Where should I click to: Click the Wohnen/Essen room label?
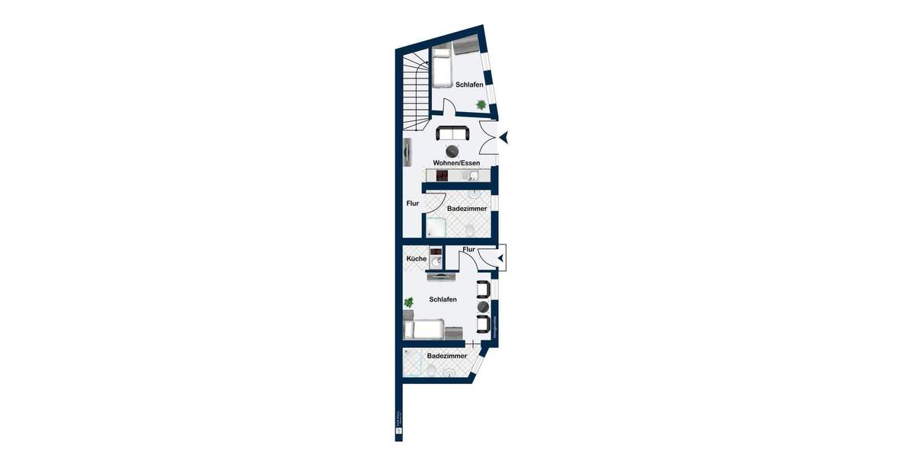[x=456, y=163]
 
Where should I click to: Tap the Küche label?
[x=416, y=259]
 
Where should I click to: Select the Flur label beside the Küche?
[x=468, y=249]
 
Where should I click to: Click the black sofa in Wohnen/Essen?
[x=453, y=134]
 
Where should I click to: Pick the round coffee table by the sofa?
[x=454, y=150]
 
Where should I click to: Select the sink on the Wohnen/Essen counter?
[x=473, y=176]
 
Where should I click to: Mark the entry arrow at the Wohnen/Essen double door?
[x=504, y=138]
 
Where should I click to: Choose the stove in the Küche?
[x=436, y=252]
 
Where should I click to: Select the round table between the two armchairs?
[x=483, y=307]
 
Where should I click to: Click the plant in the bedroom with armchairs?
[x=409, y=303]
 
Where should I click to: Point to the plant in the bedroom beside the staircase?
[x=481, y=104]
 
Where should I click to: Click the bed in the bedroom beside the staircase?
[x=442, y=69]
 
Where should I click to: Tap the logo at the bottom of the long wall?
[x=398, y=433]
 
